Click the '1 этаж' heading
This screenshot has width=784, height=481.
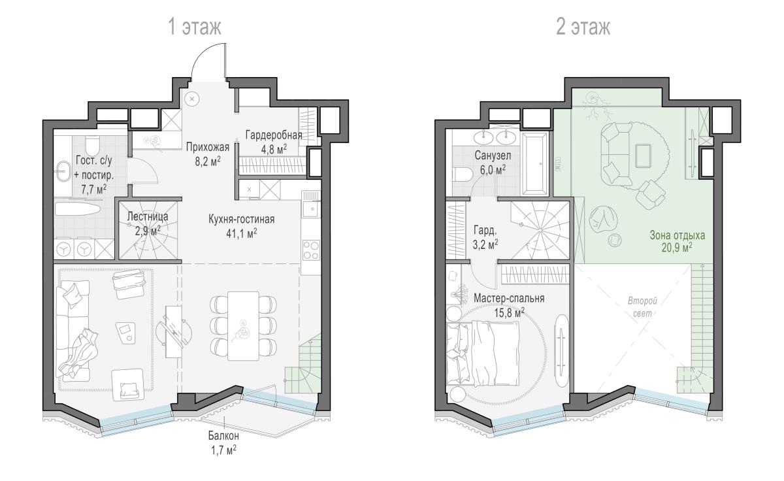coord(195,27)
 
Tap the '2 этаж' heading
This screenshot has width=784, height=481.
coord(583,27)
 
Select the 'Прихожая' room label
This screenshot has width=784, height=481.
coord(208,147)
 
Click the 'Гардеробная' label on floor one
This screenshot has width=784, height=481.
coord(274,135)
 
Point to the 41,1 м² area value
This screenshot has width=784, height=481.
coord(242,233)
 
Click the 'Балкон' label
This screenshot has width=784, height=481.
coord(223,436)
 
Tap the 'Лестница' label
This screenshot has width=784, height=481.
coord(148,217)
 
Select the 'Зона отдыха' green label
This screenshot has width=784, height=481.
coord(678,235)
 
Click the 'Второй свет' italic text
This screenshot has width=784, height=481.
coord(642,307)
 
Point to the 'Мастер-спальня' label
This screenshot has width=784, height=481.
coord(509,298)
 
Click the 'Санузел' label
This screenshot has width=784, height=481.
coord(493,156)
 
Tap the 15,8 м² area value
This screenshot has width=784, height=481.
coord(509,312)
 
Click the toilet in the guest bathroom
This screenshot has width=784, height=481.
coord(93,145)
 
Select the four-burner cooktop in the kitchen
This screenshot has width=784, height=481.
coord(311,250)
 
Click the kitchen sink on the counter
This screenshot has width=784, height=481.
coord(312,209)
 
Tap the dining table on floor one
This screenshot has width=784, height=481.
coord(243,326)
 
